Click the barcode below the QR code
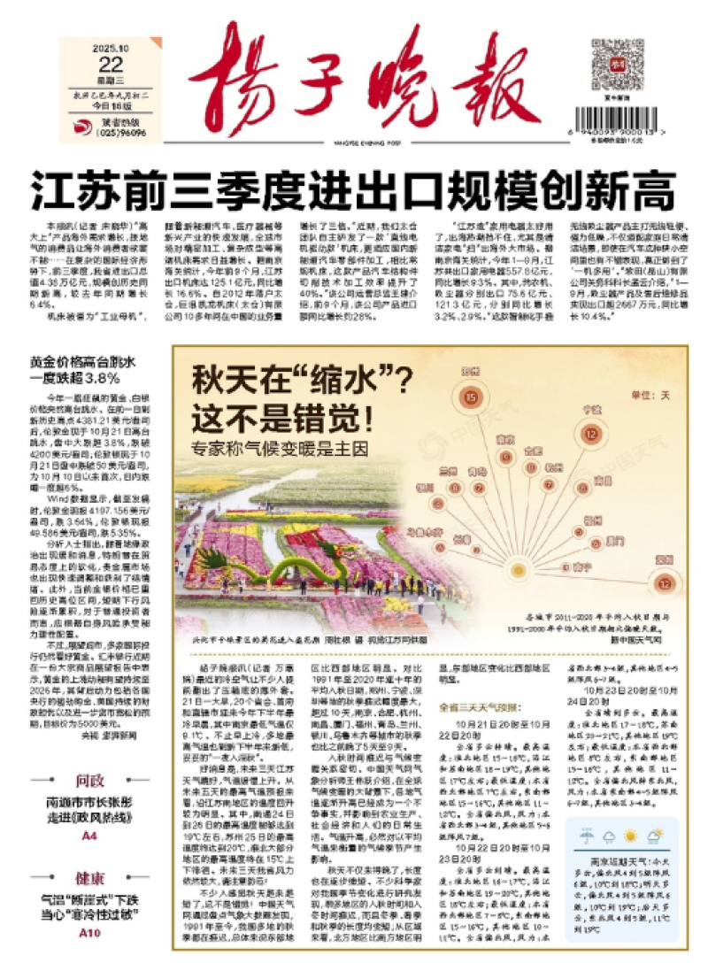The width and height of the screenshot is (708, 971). point(618,118)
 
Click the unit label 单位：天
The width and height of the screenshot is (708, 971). point(652,392)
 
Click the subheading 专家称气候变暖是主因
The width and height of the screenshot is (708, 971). point(281,448)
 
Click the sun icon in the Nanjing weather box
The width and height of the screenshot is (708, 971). point(630,836)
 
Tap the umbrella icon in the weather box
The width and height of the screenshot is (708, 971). point(586,835)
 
